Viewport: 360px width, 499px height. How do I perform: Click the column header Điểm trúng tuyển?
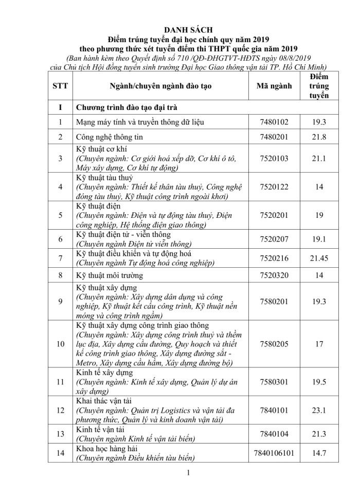(x=319, y=86)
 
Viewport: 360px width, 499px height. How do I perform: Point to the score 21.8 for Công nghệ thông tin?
(x=319, y=138)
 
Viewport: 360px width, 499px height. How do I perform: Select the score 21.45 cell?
(x=319, y=257)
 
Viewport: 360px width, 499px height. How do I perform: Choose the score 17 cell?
(x=319, y=344)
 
